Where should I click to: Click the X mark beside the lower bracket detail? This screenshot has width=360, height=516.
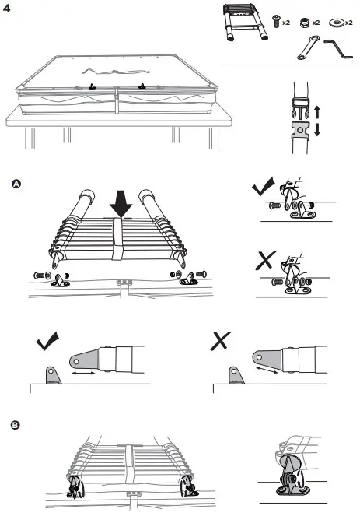click(265, 263)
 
